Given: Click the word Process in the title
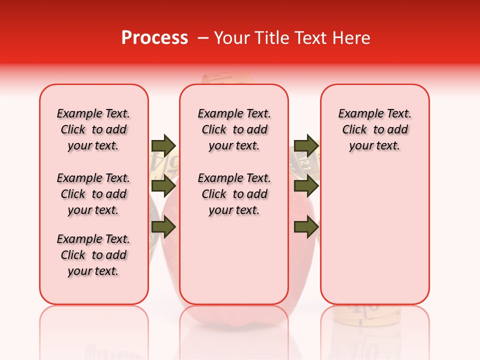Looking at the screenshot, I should pos(154,38).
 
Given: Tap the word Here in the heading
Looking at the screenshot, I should pos(350,38).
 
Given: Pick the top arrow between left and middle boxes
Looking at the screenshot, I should pos(163,145).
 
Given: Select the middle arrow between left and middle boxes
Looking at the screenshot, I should pos(163,186).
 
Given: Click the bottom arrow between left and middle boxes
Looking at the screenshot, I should pos(163,227).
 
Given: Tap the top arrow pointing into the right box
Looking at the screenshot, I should pos(306,145).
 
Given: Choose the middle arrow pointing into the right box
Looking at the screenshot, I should pos(306,186).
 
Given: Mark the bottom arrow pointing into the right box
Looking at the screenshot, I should pos(306,227).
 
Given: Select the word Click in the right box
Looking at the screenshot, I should pos(354,130).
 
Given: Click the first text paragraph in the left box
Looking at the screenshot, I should pos(93,129).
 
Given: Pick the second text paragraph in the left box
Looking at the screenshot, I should pos(93,194).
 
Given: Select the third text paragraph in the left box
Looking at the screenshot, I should pos(93,255).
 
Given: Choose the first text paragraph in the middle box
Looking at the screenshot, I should pos(234,129).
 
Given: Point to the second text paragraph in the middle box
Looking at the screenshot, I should pos(234,194).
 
